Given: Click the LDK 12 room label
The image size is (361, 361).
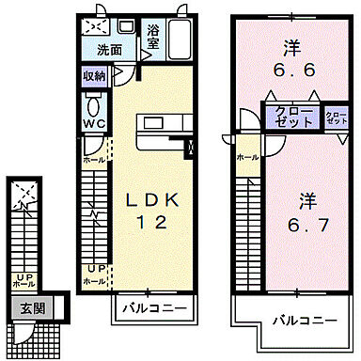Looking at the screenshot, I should [147, 211].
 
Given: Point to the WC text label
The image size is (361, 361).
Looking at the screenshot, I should [93, 123].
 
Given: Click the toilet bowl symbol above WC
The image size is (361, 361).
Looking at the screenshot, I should [93, 102].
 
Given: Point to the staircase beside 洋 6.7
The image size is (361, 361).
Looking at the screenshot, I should [246, 226].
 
